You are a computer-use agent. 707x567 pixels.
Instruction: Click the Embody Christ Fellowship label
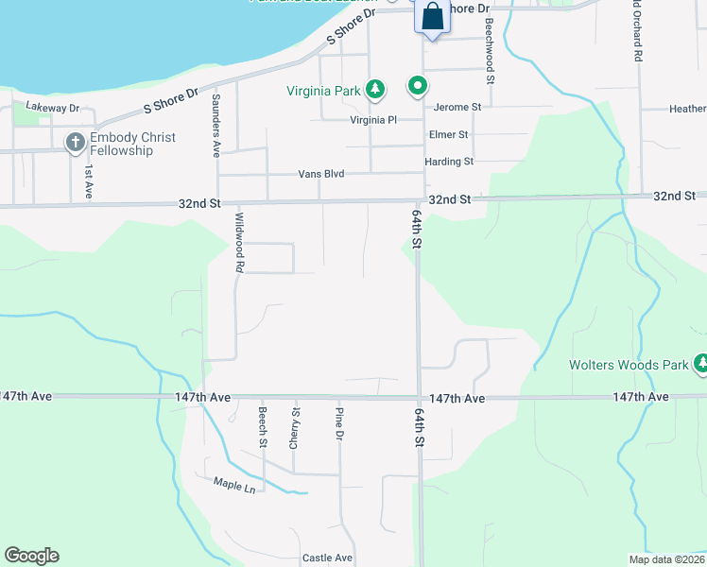tap(132, 144)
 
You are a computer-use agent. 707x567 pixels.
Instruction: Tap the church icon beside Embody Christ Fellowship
tap(76, 144)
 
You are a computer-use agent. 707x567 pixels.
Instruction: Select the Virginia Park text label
tap(324, 92)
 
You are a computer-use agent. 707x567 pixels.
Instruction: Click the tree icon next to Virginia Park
tap(376, 90)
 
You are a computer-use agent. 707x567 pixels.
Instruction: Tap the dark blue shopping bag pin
tap(431, 16)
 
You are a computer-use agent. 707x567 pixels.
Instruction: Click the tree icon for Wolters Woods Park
tap(700, 364)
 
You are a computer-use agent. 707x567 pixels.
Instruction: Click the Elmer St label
tap(448, 134)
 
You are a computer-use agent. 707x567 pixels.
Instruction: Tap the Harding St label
tap(449, 162)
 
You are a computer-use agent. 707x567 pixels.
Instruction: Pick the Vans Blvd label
tap(320, 175)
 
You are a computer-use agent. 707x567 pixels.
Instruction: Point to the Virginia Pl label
tap(373, 120)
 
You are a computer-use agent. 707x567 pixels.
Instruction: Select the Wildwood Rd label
tap(239, 243)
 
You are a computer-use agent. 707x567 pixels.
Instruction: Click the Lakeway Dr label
tap(53, 108)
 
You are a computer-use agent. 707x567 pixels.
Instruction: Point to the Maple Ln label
tap(234, 489)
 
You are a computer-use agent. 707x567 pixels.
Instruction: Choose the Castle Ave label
tap(327, 558)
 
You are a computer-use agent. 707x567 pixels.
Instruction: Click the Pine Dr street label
tap(338, 423)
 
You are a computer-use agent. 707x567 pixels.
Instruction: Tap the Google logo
tap(31, 556)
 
